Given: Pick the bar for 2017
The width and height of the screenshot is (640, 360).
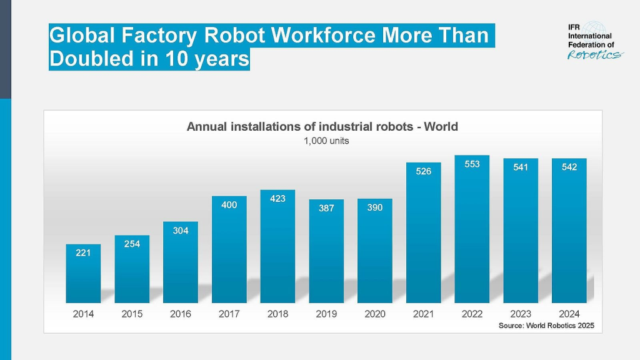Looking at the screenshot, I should (229, 249).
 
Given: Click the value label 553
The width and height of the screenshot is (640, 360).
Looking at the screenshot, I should (472, 164).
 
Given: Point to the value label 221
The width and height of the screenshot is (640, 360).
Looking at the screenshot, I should (83, 252).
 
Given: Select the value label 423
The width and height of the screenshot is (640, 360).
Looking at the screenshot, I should (277, 199).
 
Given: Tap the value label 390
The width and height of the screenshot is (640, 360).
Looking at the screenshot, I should (374, 207).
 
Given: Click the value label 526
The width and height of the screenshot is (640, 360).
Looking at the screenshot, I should (423, 171).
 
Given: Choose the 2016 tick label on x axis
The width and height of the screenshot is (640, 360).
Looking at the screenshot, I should (181, 314).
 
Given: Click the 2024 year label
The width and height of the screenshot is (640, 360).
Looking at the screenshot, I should (569, 314).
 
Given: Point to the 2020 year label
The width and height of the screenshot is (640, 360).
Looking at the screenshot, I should (374, 314).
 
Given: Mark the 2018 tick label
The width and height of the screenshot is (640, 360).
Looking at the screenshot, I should (277, 314).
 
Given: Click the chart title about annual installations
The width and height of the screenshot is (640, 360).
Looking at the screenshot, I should (322, 127).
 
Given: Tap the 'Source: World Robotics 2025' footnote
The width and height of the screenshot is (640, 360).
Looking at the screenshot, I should (546, 326).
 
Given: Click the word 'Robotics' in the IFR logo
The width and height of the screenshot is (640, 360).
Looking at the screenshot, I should (595, 54).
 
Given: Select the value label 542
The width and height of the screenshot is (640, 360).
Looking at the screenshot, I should (569, 167).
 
